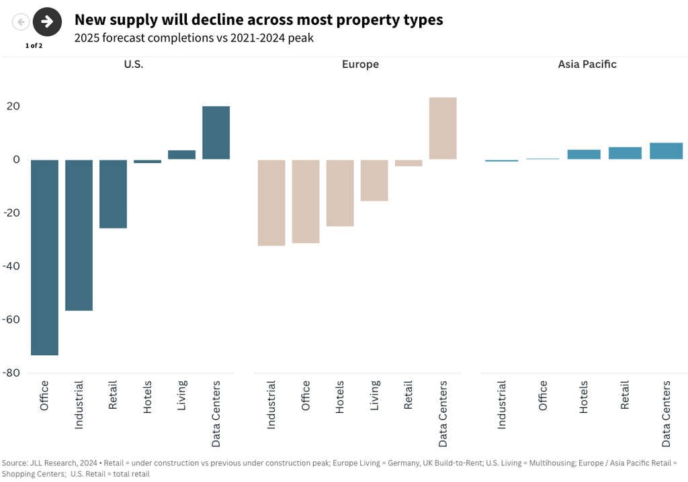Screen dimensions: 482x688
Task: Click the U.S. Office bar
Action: (44, 257)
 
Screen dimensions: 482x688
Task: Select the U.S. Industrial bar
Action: (79, 235)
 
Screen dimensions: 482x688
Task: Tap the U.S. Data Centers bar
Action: (216, 133)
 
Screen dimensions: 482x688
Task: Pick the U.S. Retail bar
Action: (113, 194)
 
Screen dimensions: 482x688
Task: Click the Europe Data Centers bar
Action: (443, 128)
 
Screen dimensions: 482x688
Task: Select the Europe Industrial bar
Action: (271, 203)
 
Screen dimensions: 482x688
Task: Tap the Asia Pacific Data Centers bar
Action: (666, 151)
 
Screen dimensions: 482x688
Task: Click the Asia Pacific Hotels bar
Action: (584, 154)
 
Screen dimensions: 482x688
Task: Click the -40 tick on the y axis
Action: (11, 266)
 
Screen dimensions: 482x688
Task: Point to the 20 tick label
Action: (14, 106)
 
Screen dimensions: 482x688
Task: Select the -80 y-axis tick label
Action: (11, 373)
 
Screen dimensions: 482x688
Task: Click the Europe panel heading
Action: (360, 64)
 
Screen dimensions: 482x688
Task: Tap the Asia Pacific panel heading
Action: (587, 64)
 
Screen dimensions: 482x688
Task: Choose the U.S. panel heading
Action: (133, 64)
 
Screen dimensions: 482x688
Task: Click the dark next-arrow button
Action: (47, 21)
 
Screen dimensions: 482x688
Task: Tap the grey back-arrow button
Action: (21, 22)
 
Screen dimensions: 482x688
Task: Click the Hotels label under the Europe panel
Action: (340, 397)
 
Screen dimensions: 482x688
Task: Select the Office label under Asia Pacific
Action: (542, 395)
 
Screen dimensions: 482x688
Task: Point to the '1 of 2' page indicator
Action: (34, 46)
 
